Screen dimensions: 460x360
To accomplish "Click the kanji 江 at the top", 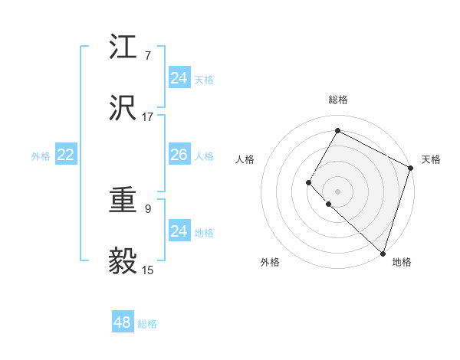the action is [123, 49].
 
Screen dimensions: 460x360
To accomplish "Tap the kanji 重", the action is [123, 201].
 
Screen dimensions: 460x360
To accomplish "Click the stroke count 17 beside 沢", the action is [148, 117].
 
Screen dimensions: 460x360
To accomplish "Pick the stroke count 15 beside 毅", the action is [148, 270].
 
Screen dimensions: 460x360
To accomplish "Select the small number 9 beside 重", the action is [148, 208].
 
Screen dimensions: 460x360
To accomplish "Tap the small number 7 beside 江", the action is [148, 56].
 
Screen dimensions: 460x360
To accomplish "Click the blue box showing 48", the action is [123, 322].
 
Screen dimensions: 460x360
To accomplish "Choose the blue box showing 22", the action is [66, 155].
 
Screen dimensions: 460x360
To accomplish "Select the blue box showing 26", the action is [179, 155].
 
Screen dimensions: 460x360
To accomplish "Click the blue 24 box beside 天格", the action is [179, 78].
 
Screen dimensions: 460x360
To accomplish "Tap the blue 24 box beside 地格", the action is [179, 231].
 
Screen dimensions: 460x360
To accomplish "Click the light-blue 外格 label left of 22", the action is [41, 156].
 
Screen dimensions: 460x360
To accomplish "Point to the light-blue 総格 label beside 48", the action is [147, 324].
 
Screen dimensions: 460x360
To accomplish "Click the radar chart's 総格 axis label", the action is [338, 100].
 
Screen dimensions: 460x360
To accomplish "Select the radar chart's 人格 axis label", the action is [245, 159].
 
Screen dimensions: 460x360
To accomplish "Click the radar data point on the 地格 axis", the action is [383, 253].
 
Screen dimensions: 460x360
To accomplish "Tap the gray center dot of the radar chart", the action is [337, 191].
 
